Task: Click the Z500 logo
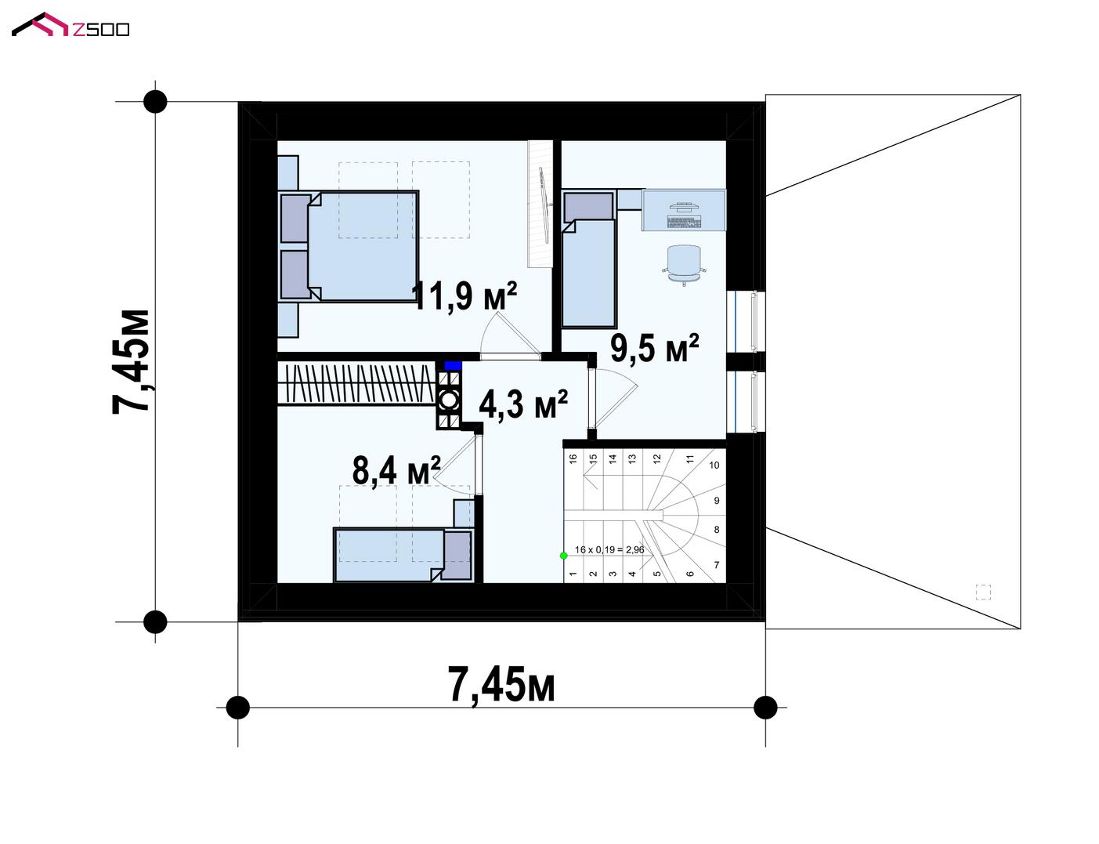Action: [70, 25]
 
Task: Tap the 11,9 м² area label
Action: [464, 296]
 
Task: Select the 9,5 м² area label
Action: [654, 348]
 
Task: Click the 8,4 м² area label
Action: [396, 470]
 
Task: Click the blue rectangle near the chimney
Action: [453, 365]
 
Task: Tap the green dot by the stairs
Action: [563, 556]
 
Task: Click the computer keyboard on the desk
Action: [683, 222]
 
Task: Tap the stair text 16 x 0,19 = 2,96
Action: [609, 549]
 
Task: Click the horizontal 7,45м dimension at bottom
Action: [501, 685]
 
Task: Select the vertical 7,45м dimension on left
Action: [131, 362]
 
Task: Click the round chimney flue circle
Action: [449, 400]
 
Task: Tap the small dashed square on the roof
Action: [983, 592]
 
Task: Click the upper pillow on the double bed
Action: [295, 219]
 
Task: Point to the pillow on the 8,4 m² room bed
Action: [457, 556]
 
